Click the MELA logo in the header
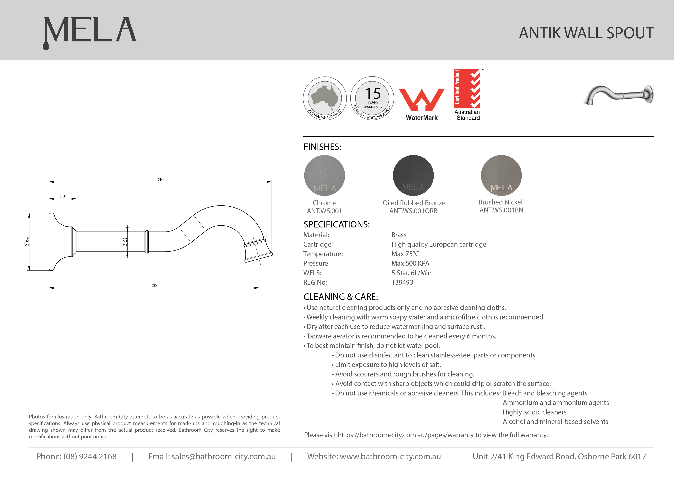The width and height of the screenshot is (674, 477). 90,32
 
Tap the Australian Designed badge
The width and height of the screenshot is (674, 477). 325,98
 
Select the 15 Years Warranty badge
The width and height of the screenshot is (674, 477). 372,98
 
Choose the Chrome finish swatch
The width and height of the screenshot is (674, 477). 324,175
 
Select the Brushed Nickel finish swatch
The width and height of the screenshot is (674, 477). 501,175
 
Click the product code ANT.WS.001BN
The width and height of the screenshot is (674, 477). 501,210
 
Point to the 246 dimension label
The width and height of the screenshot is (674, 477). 160,179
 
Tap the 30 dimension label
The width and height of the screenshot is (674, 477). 62,196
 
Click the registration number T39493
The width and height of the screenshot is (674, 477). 402,282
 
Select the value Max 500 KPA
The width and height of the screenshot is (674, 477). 410,263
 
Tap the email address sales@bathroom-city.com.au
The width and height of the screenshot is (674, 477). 223,456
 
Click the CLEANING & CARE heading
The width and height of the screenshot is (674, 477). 341,297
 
